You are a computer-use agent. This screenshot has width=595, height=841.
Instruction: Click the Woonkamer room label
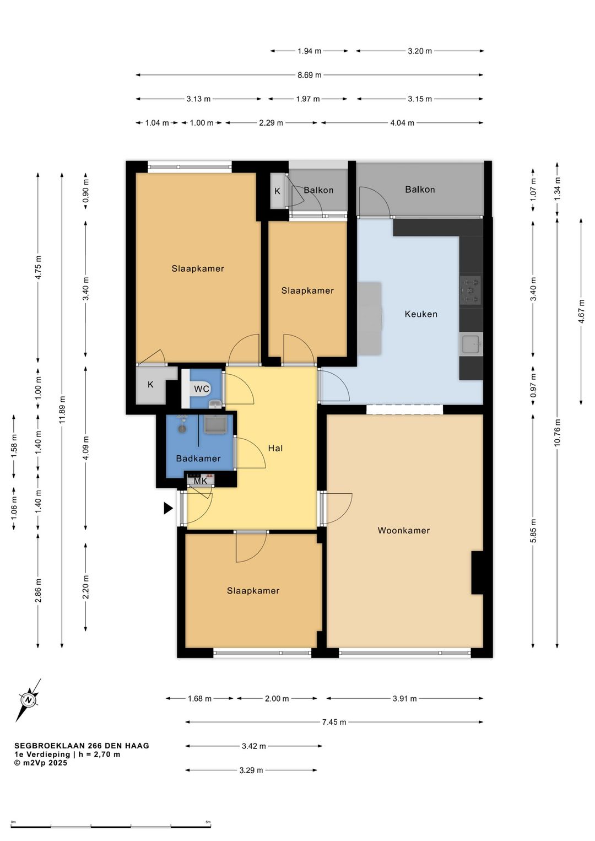[403, 530]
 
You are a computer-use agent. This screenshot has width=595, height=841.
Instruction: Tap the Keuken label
[421, 314]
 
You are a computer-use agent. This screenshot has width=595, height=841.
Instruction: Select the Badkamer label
[198, 458]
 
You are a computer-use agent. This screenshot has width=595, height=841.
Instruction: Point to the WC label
[202, 389]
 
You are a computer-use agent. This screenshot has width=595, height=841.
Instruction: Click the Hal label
[275, 448]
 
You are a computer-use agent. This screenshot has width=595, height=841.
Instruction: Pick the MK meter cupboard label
[201, 481]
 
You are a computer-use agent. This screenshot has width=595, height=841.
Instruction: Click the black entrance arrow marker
[168, 508]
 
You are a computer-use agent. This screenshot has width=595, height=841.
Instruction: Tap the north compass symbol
[28, 700]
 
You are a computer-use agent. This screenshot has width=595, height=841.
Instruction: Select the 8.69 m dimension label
[309, 75]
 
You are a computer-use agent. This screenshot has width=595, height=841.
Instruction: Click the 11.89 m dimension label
[62, 410]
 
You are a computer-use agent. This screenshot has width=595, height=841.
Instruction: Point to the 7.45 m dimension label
[334, 721]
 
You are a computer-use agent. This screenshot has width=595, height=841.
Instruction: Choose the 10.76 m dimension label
[556, 432]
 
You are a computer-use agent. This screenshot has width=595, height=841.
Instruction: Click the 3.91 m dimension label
[405, 698]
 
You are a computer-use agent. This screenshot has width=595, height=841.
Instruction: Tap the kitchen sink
[471, 344]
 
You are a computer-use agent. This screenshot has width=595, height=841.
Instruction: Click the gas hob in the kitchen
[471, 290]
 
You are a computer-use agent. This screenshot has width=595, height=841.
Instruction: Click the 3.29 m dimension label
[252, 770]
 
